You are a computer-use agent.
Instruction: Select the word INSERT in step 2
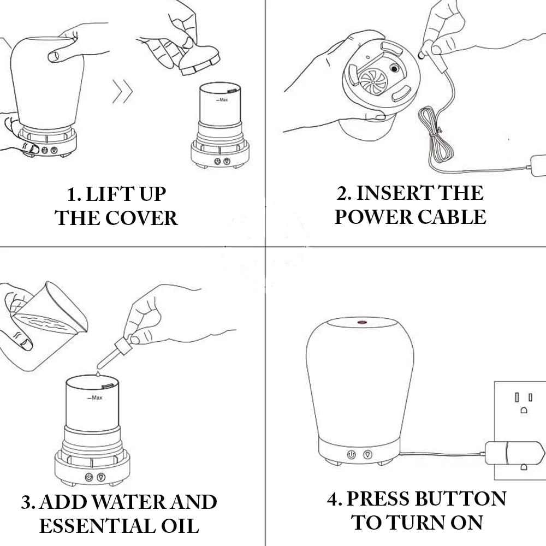395,193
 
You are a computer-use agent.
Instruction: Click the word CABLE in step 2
452,217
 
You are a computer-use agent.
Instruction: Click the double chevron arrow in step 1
122,92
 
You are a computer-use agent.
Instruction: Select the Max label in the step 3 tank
95,397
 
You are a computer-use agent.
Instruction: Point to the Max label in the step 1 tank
222,100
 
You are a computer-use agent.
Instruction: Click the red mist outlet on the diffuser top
362,323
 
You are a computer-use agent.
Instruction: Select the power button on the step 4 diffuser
351,454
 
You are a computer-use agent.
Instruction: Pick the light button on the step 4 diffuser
367,454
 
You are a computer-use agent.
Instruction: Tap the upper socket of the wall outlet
524,402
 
